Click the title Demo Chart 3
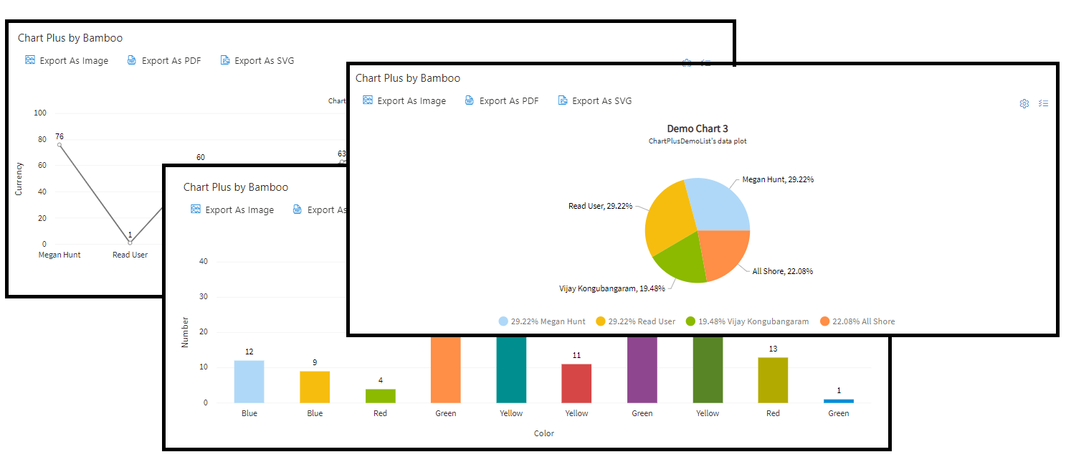point(698,129)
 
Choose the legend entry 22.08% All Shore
point(857,321)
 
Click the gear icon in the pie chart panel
point(1024,103)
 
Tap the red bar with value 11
point(576,383)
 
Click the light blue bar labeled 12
point(249,381)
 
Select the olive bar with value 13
point(773,380)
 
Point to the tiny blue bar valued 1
point(838,400)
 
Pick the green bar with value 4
point(380,395)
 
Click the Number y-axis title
point(185,332)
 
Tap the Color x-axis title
point(544,433)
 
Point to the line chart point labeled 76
point(60,145)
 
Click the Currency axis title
point(19,179)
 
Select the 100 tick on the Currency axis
point(40,113)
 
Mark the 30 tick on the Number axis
point(203,296)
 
